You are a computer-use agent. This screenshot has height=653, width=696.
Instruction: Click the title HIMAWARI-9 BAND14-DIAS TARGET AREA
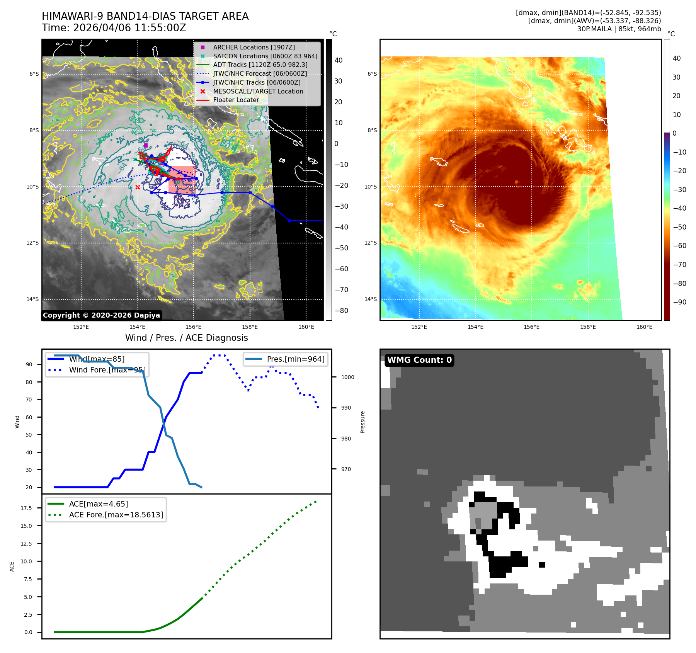click(x=145, y=16)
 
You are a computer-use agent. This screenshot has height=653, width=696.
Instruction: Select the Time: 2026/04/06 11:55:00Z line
click(x=114, y=28)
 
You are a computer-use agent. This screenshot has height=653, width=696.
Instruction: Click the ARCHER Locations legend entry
click(x=254, y=47)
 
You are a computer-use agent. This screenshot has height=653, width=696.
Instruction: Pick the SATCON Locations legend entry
click(x=265, y=56)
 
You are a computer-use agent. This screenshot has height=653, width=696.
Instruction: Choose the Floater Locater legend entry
click(x=236, y=100)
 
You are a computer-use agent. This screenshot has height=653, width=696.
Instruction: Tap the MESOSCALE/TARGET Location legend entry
click(x=258, y=91)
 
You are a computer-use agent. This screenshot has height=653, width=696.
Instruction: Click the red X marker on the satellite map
click(x=138, y=187)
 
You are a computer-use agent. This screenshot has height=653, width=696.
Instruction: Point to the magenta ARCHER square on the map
click(x=146, y=146)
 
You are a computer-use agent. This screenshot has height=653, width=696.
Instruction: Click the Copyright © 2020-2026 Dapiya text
click(x=101, y=315)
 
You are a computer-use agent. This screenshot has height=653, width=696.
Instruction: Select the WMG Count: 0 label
click(x=419, y=360)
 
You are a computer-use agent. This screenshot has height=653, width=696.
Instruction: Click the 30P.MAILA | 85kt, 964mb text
click(x=619, y=29)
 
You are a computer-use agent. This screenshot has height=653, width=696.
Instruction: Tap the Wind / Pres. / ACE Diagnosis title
click(x=187, y=338)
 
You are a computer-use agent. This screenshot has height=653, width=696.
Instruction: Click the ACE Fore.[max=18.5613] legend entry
click(x=116, y=515)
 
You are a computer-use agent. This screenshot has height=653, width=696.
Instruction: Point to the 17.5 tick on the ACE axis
click(x=26, y=508)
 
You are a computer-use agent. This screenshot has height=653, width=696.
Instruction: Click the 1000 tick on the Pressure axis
click(x=347, y=377)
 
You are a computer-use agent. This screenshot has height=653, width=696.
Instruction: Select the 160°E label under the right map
click(x=644, y=327)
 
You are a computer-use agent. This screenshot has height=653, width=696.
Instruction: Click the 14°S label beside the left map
click(x=32, y=299)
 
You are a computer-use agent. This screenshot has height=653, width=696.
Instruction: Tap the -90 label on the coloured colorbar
click(x=679, y=302)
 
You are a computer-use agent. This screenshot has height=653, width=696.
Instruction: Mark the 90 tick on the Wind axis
click(x=29, y=364)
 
